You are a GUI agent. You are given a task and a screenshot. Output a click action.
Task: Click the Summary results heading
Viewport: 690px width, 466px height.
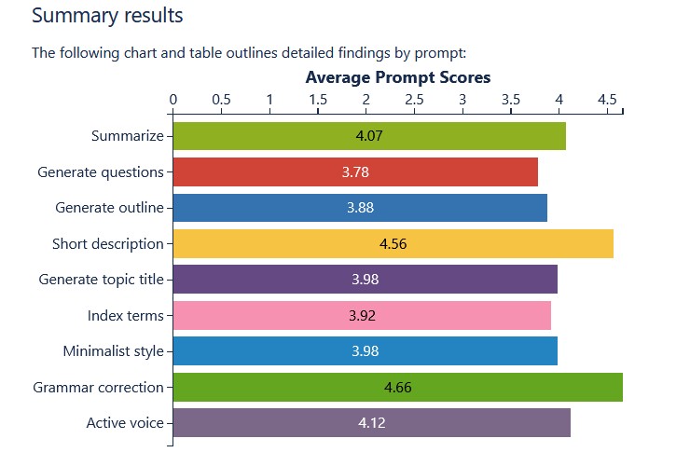point(107,16)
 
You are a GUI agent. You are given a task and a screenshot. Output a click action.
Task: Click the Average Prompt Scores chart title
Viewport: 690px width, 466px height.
point(397,77)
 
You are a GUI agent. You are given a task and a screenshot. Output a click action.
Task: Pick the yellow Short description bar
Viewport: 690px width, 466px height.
point(280,244)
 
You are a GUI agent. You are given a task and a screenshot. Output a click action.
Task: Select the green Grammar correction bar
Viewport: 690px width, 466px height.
point(280,387)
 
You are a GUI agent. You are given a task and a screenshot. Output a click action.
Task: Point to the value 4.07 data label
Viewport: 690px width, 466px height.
point(369,136)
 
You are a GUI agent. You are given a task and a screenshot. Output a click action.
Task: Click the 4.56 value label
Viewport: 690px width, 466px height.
point(393,244)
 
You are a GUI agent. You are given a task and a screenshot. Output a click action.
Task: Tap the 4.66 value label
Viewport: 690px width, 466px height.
point(397,387)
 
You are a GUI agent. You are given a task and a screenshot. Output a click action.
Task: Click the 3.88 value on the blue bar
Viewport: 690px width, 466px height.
point(360,208)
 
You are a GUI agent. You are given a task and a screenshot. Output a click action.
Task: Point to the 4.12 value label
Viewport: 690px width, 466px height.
point(371,423)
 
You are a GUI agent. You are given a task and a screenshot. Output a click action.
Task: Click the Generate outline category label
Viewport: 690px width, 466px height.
point(109,208)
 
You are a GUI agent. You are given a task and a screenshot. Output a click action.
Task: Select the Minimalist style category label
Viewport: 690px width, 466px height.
point(113,351)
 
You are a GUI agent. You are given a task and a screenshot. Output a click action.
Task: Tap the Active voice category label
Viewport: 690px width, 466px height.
point(125,423)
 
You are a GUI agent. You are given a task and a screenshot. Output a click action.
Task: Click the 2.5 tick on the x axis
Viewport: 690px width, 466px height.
point(414,98)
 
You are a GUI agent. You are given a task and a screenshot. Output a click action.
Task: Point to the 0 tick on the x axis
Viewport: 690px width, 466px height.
point(173,98)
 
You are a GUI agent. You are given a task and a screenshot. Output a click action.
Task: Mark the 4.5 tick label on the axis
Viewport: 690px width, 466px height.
point(606,98)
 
